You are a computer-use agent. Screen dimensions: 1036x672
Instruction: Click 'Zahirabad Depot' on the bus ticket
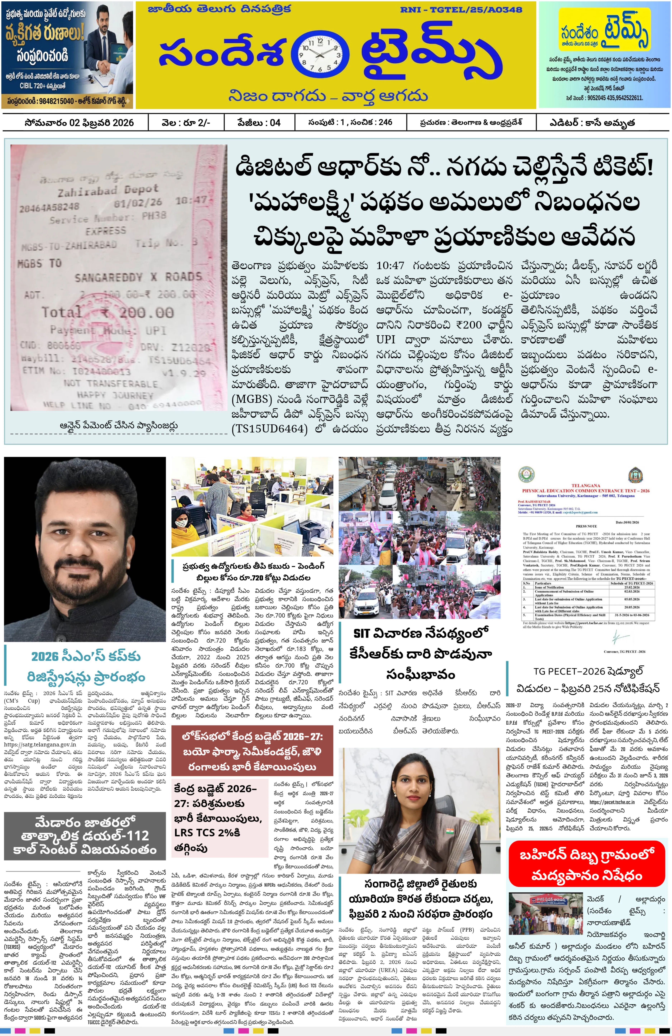(x=108, y=190)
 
